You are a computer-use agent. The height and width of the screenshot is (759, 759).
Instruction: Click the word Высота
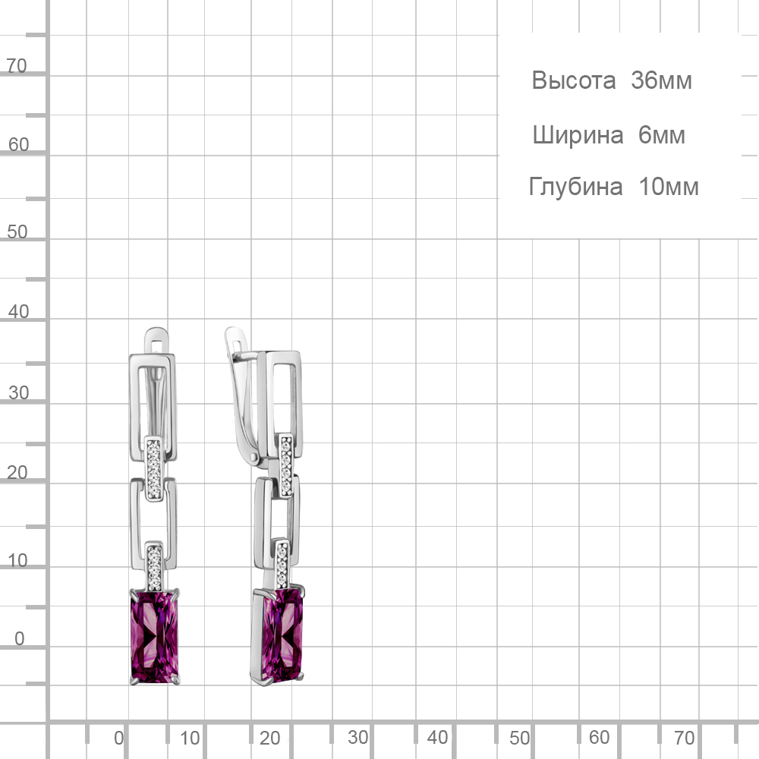coord(573,80)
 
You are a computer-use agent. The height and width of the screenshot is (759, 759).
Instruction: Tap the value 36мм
coord(661,80)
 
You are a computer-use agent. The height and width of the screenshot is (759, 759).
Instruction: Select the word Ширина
coord(578,135)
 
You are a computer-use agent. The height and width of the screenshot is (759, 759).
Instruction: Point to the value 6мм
coord(661,134)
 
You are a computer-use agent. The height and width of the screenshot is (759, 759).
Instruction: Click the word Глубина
coord(575,187)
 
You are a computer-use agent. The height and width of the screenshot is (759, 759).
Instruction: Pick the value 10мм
coord(669,187)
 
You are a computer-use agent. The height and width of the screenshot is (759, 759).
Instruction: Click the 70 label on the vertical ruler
coord(17,66)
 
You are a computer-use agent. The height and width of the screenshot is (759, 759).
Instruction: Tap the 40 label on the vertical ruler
coord(18,312)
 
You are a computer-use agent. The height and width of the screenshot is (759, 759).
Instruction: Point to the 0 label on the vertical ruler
coord(20,638)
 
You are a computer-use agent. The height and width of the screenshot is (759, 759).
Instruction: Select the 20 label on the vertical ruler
coord(17,472)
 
